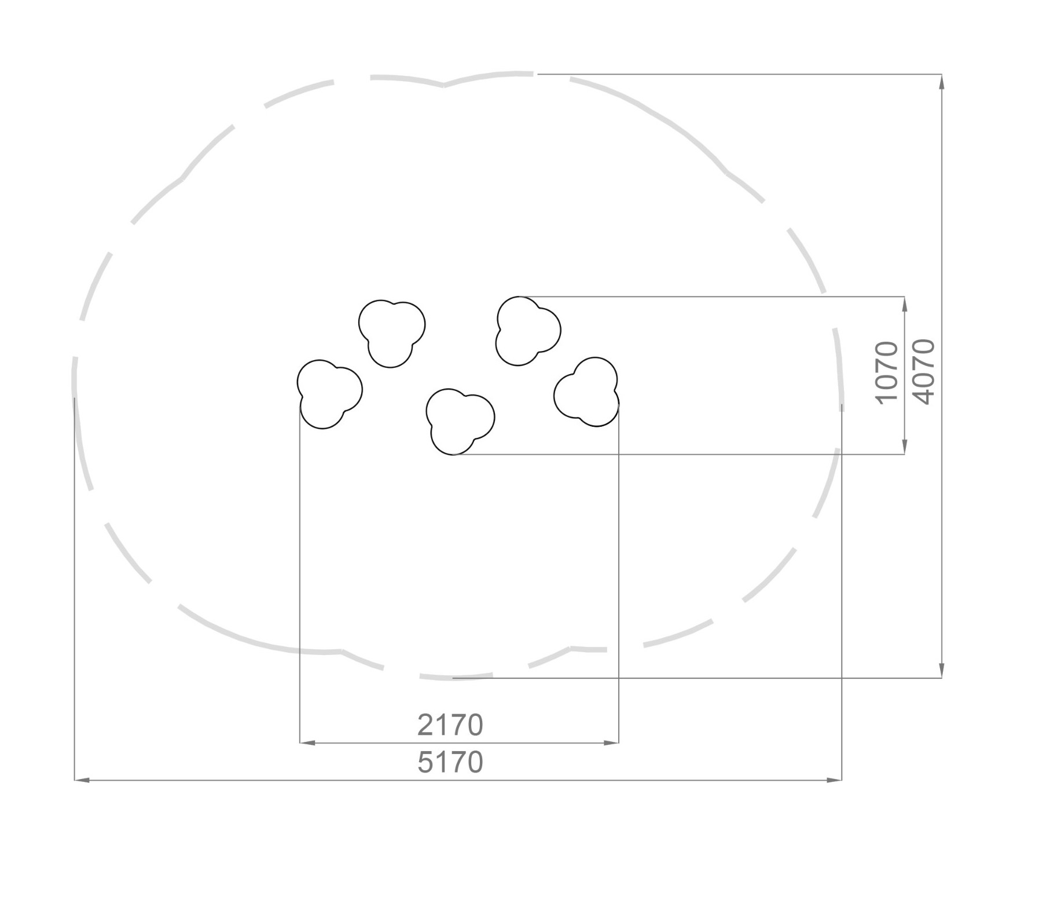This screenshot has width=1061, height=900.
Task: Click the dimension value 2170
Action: tap(450, 725)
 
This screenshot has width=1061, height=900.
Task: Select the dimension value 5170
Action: tap(450, 762)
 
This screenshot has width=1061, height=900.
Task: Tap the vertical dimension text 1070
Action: tap(887, 372)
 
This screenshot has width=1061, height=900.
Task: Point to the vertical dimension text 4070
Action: tap(924, 372)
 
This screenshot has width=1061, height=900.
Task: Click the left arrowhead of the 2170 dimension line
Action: tap(307, 742)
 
